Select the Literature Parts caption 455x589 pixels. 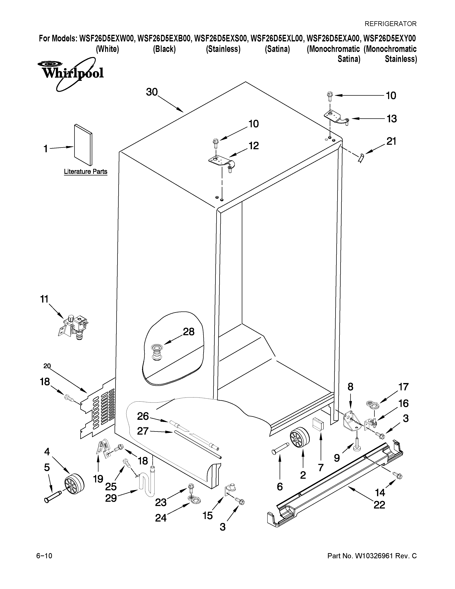[x=85, y=172]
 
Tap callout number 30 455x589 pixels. [x=152, y=92]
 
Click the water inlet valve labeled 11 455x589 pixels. [x=73, y=327]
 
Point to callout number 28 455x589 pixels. [x=189, y=332]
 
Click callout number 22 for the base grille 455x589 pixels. [x=379, y=505]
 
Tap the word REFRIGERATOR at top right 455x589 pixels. [x=390, y=24]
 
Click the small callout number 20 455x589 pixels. [x=47, y=366]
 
